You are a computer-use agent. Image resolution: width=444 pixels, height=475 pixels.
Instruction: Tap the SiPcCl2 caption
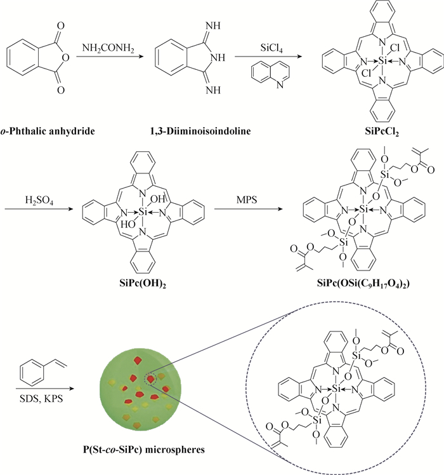pos(370,132)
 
